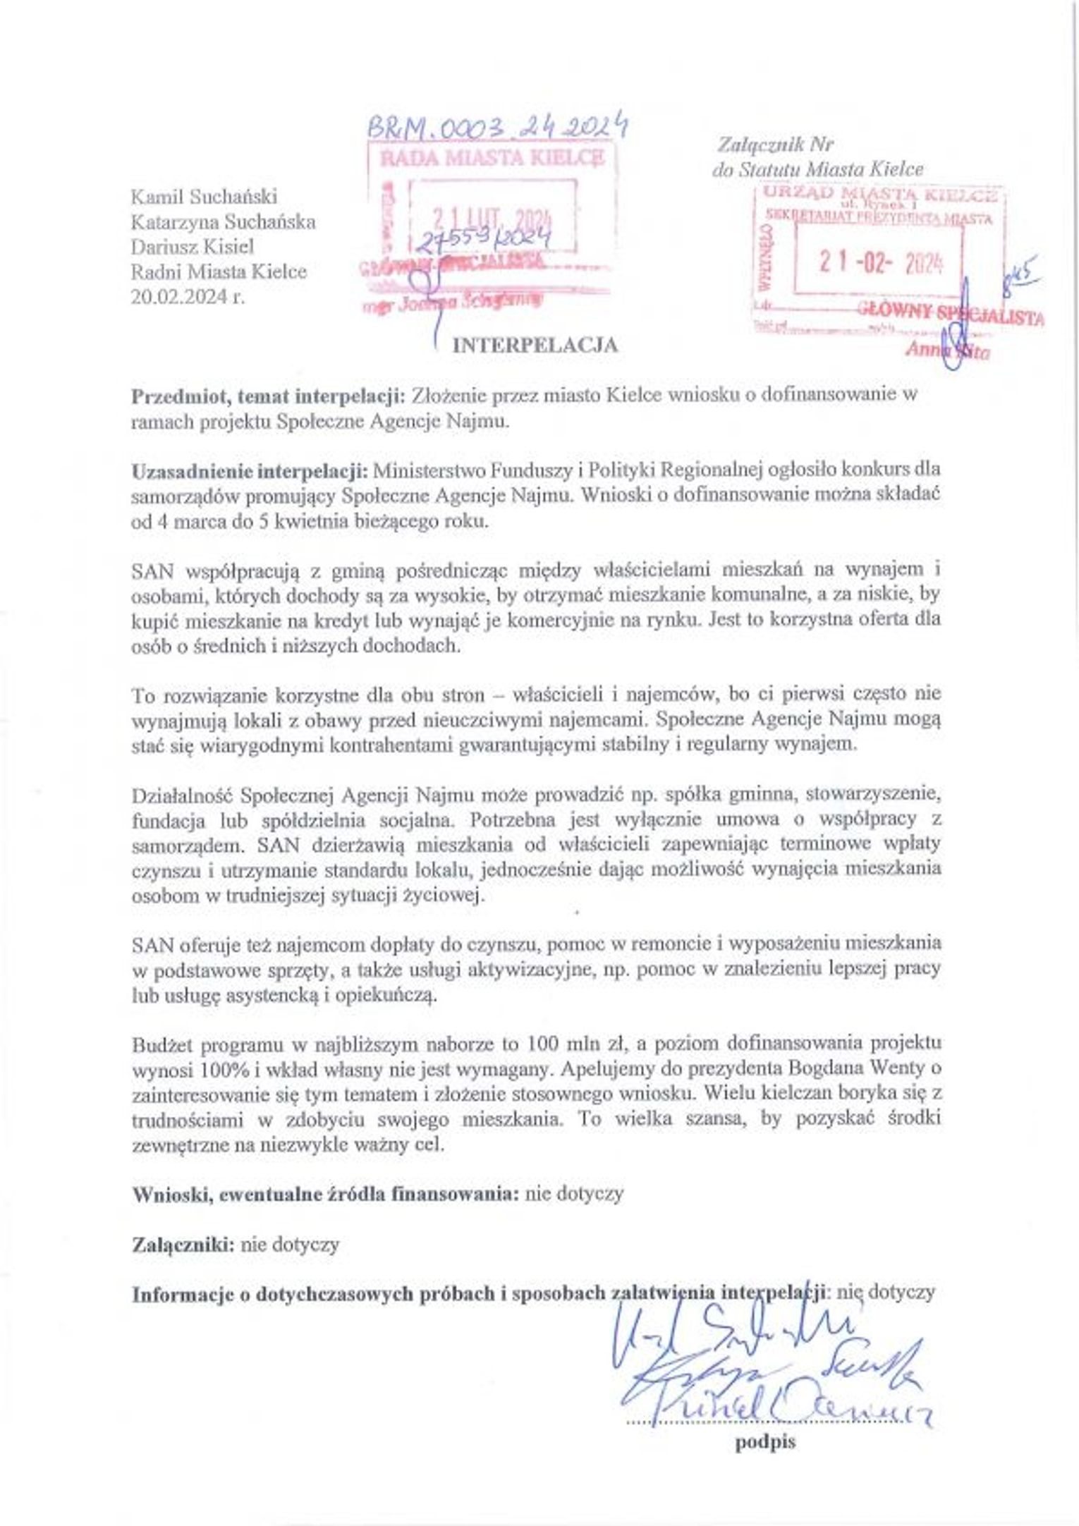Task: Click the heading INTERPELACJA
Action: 535,345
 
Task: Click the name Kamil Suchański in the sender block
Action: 204,196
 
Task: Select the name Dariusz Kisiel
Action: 192,247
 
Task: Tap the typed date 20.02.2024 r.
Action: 188,297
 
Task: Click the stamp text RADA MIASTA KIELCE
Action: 492,157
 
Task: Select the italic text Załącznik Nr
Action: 775,145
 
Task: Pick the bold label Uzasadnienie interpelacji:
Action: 250,470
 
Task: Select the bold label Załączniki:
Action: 183,1245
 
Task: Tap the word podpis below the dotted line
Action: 765,1442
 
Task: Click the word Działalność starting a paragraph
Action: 182,795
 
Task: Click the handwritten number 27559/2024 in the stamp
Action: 485,242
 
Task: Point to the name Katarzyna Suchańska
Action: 223,222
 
